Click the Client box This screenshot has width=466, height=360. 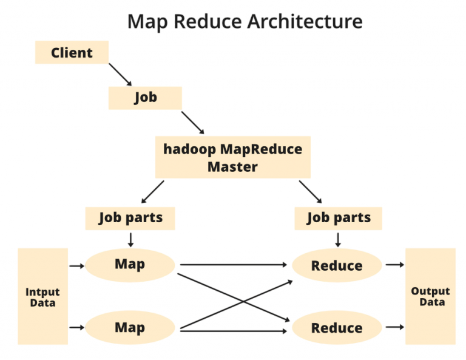(x=72, y=53)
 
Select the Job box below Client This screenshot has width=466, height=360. (x=145, y=98)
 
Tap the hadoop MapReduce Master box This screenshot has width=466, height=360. (x=232, y=157)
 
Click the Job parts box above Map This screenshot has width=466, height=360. (x=130, y=218)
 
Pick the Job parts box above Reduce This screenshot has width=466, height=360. (x=338, y=218)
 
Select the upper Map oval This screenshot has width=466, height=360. (x=130, y=265)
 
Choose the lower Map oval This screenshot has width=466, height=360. (x=130, y=328)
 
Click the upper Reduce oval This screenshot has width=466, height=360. (x=337, y=265)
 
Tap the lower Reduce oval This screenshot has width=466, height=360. (x=337, y=328)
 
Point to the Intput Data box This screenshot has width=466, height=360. (x=42, y=297)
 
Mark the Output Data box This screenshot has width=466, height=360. (x=430, y=297)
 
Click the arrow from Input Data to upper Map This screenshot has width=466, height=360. (x=76, y=265)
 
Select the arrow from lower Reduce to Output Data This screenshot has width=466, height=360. (x=394, y=327)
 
